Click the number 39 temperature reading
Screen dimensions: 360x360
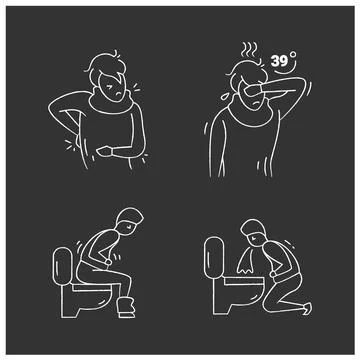(282, 61)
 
